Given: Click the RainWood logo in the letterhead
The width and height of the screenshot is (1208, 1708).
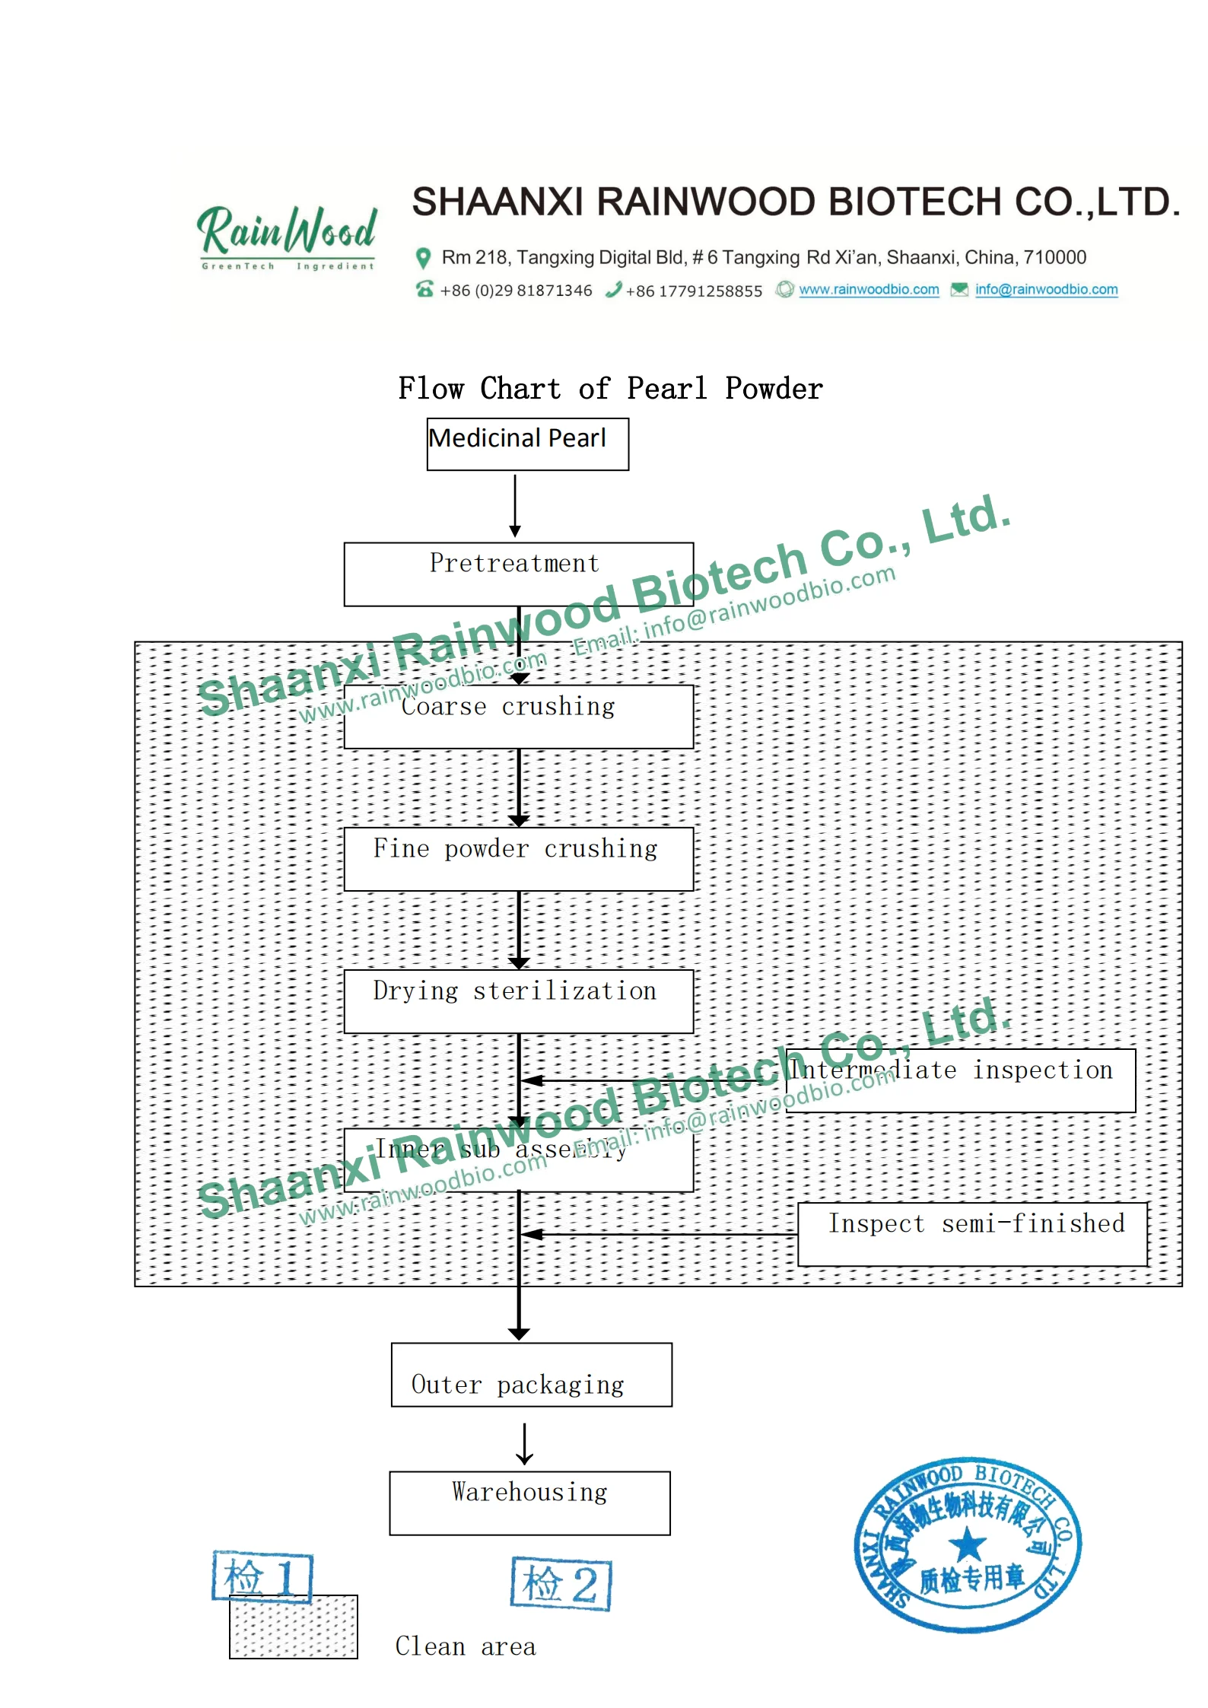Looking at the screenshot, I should click(x=287, y=236).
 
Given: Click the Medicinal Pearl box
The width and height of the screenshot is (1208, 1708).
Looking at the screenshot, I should click(x=527, y=444).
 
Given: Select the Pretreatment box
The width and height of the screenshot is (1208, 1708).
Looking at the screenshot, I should click(x=518, y=574).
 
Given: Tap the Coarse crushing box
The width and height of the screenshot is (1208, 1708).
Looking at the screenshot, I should click(x=518, y=716).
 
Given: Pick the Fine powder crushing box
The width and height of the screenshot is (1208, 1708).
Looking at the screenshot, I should click(x=518, y=858).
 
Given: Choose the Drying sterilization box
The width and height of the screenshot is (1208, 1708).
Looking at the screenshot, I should click(x=518, y=1000).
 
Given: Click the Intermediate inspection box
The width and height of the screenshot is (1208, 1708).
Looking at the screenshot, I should click(x=960, y=1080).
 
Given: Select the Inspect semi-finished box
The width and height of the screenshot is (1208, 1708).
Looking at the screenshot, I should click(x=972, y=1233).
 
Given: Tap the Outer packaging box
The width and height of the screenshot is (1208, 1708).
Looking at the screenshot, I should click(x=531, y=1374).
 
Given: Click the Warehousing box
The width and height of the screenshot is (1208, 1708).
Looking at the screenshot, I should click(x=529, y=1503).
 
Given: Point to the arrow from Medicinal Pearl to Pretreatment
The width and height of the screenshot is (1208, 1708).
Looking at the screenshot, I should click(x=515, y=505).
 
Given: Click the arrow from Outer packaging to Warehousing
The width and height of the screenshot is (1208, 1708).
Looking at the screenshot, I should click(x=524, y=1443).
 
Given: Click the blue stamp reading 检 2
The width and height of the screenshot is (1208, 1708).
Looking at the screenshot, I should click(x=561, y=1584).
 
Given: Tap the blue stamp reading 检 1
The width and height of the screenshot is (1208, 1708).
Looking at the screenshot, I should click(x=262, y=1576).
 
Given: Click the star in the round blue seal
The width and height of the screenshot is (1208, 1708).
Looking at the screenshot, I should click(x=967, y=1544).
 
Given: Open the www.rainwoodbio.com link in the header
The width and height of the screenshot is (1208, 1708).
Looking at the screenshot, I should click(x=868, y=290).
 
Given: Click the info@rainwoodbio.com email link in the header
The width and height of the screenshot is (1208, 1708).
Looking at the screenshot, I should click(x=1046, y=290).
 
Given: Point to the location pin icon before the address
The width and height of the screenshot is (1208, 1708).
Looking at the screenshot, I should click(x=423, y=259).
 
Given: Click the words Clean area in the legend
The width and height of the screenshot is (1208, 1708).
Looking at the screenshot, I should click(x=466, y=1646).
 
